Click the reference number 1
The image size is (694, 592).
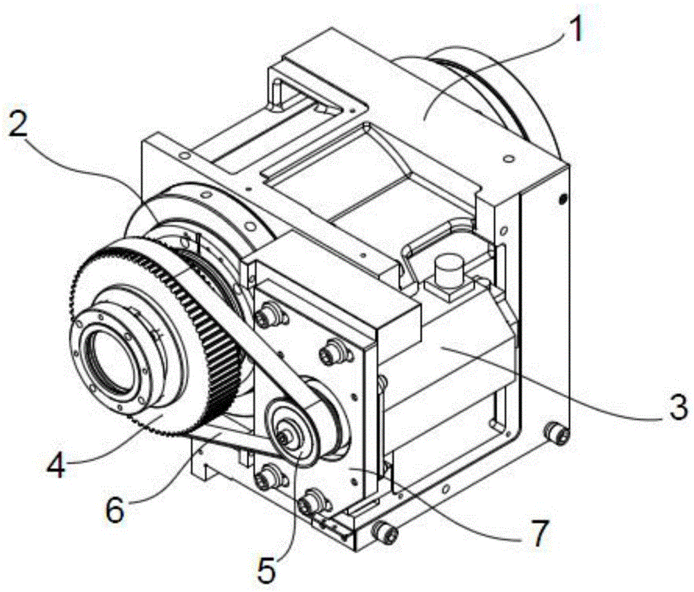pos(573,28)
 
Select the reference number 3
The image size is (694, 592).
pos(677,408)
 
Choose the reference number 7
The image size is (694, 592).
pos(539,532)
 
